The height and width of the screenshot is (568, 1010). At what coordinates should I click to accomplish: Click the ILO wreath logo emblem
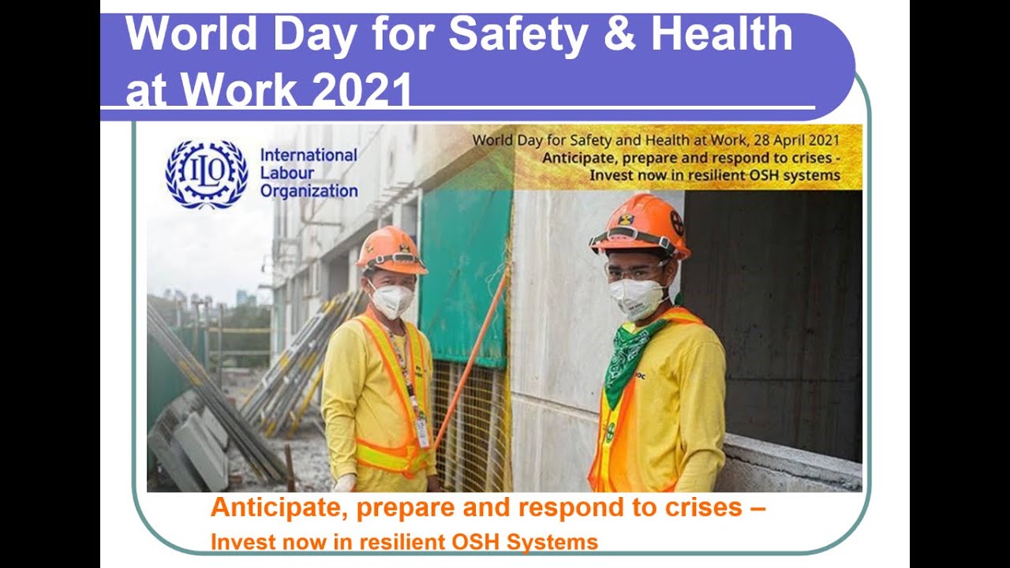[x=206, y=174]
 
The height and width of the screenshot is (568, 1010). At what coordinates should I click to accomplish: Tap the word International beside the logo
[x=309, y=155]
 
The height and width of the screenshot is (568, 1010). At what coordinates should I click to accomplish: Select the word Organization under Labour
[x=309, y=191]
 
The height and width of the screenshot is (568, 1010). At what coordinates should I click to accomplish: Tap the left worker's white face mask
[x=391, y=300]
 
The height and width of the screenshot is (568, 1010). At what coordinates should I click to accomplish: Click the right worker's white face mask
[x=636, y=298]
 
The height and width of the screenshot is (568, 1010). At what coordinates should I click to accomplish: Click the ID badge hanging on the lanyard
[x=422, y=432]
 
